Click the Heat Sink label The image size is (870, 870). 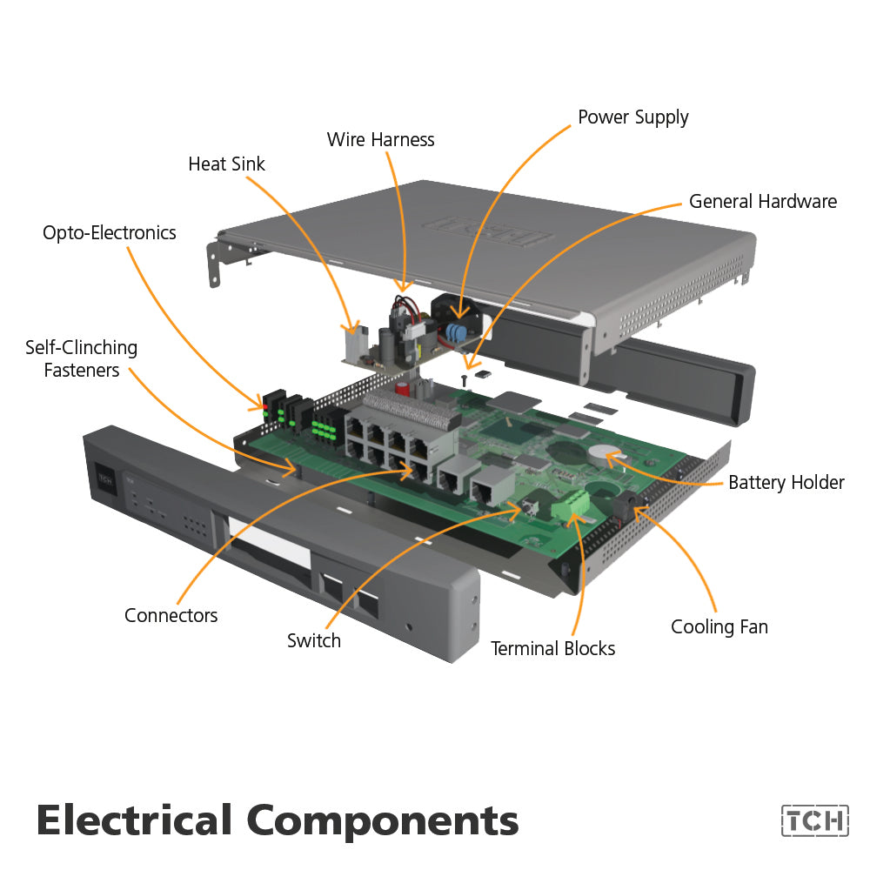click(226, 164)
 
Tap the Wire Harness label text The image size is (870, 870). click(380, 139)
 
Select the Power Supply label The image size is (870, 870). click(632, 117)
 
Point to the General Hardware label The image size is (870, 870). click(762, 202)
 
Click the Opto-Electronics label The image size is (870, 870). click(110, 233)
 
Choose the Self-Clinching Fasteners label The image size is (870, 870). click(81, 359)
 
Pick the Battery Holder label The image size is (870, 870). click(786, 483)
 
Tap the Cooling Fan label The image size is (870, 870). click(719, 626)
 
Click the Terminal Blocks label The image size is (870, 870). click(552, 648)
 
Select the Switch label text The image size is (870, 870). click(314, 641)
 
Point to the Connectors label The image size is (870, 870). click(171, 616)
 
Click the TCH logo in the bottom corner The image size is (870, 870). click(814, 820)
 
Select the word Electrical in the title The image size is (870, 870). click(135, 820)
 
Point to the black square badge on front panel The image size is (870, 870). click(105, 478)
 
